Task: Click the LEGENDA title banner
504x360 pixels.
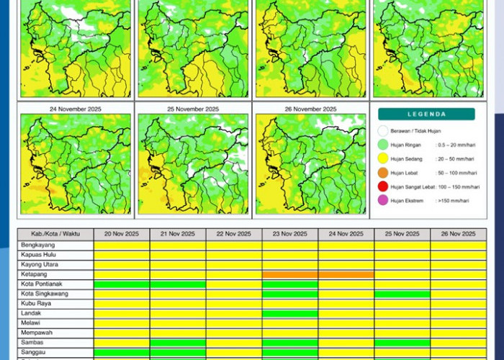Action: pos(426,114)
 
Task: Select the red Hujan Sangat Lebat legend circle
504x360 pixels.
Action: pos(383,186)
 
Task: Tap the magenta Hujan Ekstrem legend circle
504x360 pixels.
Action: pos(383,200)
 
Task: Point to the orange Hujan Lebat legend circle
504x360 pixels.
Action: pos(383,173)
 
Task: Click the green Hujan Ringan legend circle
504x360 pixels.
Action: pos(383,145)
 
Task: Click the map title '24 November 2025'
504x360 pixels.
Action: pos(76,109)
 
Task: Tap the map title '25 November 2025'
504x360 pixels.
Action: pos(193,109)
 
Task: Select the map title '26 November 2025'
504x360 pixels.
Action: pos(310,109)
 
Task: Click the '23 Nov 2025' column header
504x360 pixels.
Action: pos(290,234)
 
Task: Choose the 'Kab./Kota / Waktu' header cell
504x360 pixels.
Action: pos(55,234)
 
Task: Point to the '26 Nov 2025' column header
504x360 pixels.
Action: pos(458,234)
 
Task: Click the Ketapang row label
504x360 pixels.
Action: pos(35,274)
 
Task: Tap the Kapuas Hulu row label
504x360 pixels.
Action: pos(40,255)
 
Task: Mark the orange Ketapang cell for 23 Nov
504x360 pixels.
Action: pos(290,274)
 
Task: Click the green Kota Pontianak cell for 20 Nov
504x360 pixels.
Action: pos(122,284)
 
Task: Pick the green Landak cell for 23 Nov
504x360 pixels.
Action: pos(290,313)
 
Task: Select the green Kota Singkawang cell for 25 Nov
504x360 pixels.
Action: pos(402,294)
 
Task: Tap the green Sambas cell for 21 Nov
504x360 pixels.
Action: pos(178,343)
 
